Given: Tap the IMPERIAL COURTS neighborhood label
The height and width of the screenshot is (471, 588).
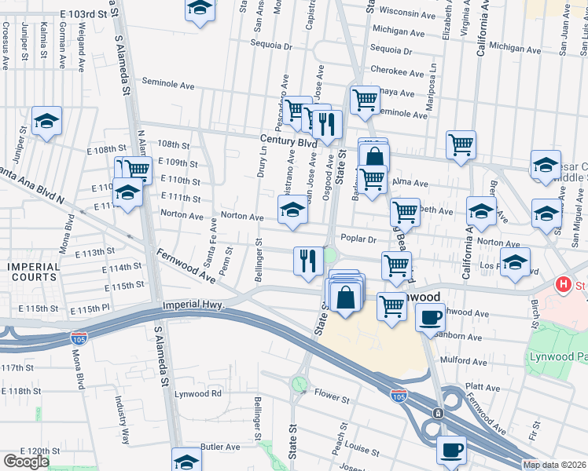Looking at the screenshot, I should pyautogui.click(x=33, y=272).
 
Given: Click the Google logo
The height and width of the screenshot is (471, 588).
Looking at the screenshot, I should pyautogui.click(x=26, y=462).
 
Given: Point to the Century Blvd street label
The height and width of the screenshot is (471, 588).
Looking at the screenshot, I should pyautogui.click(x=288, y=141).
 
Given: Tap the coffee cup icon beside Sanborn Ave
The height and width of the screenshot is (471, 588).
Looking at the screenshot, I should pyautogui.click(x=430, y=317).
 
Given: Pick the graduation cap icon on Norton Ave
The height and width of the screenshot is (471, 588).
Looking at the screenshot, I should pyautogui.click(x=292, y=210).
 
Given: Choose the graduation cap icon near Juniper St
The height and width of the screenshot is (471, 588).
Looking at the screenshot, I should pyautogui.click(x=47, y=121).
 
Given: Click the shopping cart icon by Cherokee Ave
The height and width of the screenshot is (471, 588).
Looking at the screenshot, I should pyautogui.click(x=365, y=100).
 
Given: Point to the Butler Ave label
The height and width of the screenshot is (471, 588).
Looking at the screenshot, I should pyautogui.click(x=220, y=446).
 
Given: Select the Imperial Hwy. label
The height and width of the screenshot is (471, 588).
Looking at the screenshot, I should pyautogui.click(x=193, y=305).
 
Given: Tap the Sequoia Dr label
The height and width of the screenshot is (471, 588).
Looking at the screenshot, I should pyautogui.click(x=273, y=46).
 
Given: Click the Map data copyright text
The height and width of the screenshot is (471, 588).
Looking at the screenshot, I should pyautogui.click(x=555, y=465).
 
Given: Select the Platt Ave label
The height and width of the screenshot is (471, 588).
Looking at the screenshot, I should pyautogui.click(x=483, y=387).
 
